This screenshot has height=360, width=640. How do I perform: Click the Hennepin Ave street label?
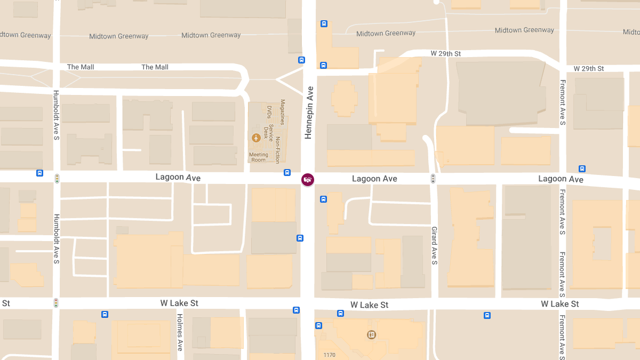click(x=308, y=113)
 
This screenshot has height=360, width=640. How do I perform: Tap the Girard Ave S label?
click(x=434, y=245)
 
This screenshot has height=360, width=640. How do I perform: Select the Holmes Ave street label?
click(x=180, y=331)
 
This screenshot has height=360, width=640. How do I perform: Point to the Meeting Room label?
click(x=259, y=157)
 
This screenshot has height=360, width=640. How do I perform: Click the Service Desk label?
click(x=271, y=131)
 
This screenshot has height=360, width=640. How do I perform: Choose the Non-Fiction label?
click(x=277, y=150)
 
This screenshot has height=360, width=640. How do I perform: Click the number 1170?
click(x=330, y=355)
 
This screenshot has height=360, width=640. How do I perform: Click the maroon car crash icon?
click(x=307, y=180)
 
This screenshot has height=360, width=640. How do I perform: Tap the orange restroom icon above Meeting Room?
click(x=257, y=138)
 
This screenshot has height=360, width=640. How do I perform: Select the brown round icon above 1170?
click(x=371, y=335)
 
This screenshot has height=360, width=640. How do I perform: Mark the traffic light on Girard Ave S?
click(x=433, y=179)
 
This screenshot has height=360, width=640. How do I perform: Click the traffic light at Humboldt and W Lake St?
click(x=55, y=303)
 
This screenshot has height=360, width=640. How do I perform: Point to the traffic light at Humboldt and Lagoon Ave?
click(x=57, y=178)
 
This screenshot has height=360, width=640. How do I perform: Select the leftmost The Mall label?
click(x=81, y=67)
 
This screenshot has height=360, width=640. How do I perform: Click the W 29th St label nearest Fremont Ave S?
click(x=589, y=69)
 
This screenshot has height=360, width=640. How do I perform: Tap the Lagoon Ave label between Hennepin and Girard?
click(x=374, y=179)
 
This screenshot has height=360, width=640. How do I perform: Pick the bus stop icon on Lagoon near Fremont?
click(x=582, y=169)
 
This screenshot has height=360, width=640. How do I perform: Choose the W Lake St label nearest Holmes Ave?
click(x=179, y=303)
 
